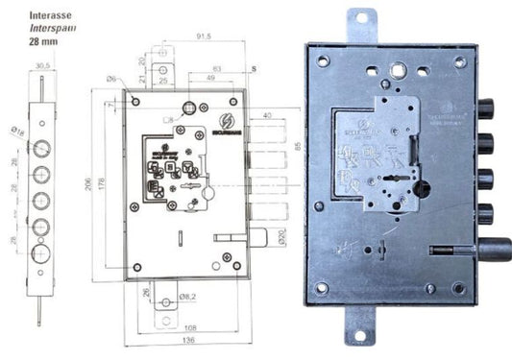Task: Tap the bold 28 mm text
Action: (x=16, y=42)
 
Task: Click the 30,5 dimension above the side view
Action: (x=41, y=66)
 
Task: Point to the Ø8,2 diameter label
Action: (x=191, y=299)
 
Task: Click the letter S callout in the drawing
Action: (x=254, y=69)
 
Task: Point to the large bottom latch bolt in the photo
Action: (x=493, y=252)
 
